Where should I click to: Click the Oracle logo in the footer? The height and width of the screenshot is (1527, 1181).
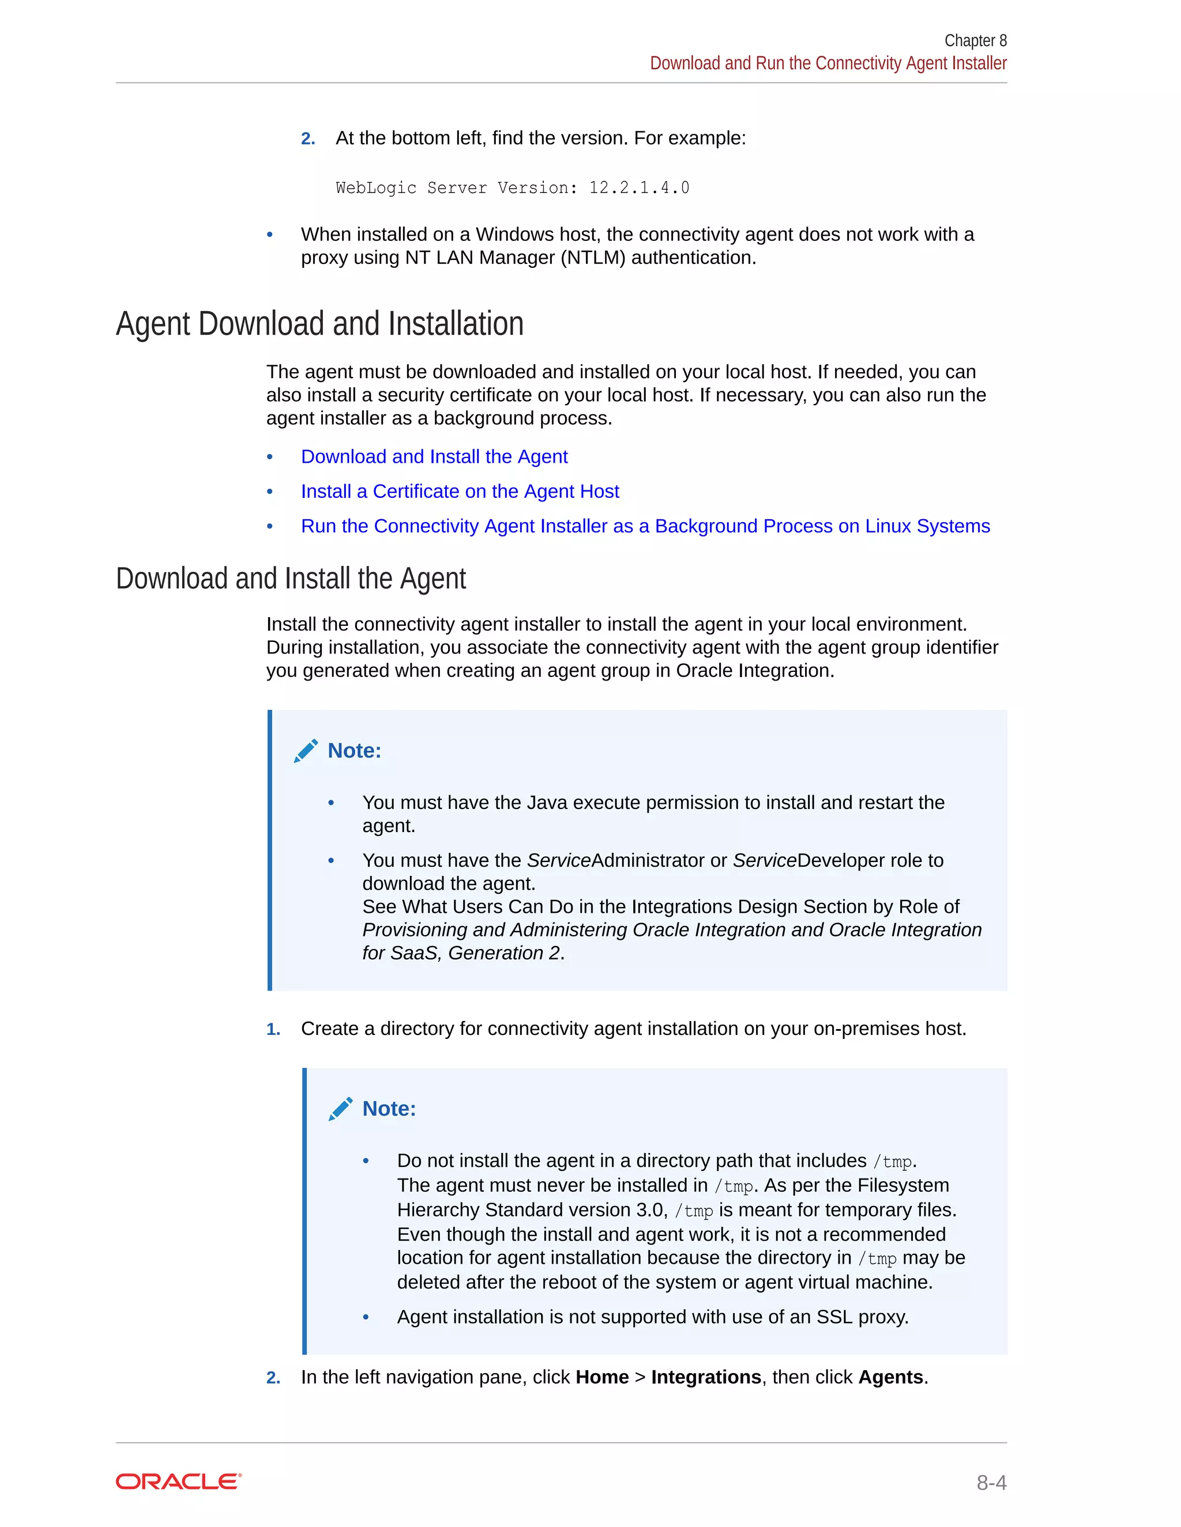178,1481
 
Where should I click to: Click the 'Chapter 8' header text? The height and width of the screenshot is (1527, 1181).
975,40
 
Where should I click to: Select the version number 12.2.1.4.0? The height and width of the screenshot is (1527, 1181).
639,188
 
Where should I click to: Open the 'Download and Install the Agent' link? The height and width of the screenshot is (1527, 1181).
434,456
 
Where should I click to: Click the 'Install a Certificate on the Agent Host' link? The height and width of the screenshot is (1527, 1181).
460,492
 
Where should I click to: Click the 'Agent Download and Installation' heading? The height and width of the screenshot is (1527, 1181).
319,324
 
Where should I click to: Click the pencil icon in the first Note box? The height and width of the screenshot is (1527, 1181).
306,751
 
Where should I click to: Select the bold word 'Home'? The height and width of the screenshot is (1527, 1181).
601,1377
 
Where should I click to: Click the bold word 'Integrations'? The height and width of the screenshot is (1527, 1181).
706,1377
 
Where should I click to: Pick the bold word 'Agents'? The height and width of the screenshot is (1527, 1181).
890,1377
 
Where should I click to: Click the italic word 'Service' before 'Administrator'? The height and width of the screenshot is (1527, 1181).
559,861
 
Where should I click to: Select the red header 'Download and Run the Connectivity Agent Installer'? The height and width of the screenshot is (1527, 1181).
828,63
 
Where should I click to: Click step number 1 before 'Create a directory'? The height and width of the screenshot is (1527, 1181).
273,1029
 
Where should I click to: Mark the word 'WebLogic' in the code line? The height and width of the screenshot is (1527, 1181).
376,188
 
